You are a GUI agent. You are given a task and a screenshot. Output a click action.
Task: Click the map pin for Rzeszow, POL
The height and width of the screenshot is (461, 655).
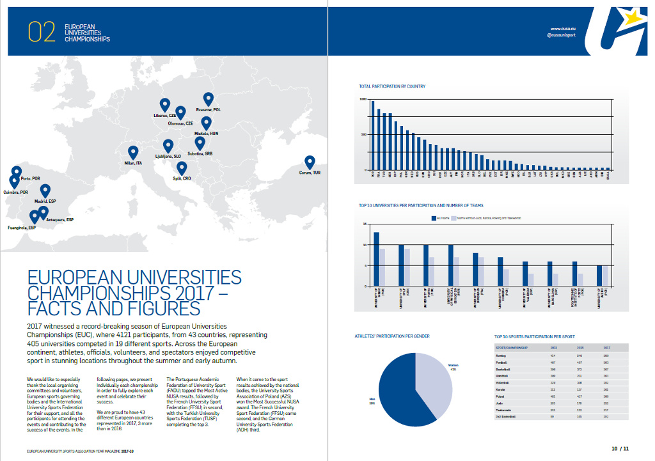pos(208,99)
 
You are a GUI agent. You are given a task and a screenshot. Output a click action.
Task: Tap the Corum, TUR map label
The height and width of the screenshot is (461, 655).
pos(310,172)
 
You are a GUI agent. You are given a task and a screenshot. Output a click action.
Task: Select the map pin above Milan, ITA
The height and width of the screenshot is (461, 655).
pos(133,153)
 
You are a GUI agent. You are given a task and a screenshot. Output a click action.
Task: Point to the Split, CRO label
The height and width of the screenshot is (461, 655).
pos(182,179)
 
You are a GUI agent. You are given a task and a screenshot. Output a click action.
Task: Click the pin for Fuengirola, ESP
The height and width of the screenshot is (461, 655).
pos(35,217)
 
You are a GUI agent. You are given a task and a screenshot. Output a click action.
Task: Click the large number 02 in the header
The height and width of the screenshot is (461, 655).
pos(42,33)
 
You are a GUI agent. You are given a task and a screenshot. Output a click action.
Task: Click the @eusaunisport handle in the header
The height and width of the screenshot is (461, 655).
pos(561,36)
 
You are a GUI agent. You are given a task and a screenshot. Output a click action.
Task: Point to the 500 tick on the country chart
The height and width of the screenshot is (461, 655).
pos(363,134)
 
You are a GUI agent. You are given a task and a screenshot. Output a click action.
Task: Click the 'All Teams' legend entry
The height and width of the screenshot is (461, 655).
pos(441,218)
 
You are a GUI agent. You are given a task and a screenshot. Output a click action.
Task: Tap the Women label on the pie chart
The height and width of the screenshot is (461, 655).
pos(454,366)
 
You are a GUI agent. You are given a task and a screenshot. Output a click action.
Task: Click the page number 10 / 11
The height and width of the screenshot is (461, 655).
pos(619,449)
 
